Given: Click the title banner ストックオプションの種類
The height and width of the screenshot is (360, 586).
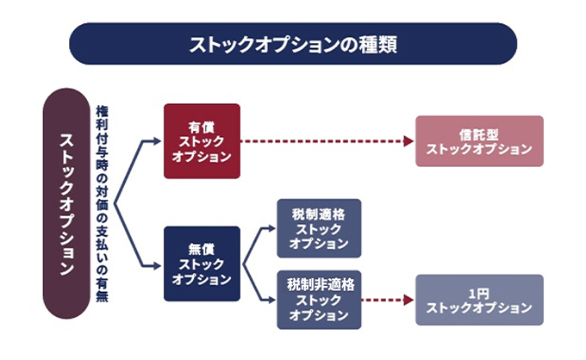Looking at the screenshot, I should coord(292,44).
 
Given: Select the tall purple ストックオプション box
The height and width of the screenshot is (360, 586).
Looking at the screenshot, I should coord(67,203).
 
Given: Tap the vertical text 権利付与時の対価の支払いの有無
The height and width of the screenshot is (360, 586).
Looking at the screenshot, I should coord(103,203).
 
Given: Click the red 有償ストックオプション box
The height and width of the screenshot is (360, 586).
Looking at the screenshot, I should coord(202,141).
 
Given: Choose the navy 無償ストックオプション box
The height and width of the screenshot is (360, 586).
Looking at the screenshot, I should coord(202,264).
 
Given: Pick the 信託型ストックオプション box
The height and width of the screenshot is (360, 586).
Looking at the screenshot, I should coord(479,141).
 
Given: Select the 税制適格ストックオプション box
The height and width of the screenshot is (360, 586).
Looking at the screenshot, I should coord(319,227).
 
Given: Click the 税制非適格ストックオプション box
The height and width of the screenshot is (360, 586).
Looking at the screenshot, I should coord(319,299).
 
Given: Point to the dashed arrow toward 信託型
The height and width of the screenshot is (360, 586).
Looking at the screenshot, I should coord(327,141).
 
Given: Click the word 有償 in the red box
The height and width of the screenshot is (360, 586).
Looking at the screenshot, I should coord(202,125).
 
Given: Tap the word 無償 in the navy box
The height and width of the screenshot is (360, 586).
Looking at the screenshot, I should coord(202,248).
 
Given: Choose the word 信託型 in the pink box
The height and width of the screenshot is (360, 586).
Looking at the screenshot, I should coord(479,134).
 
